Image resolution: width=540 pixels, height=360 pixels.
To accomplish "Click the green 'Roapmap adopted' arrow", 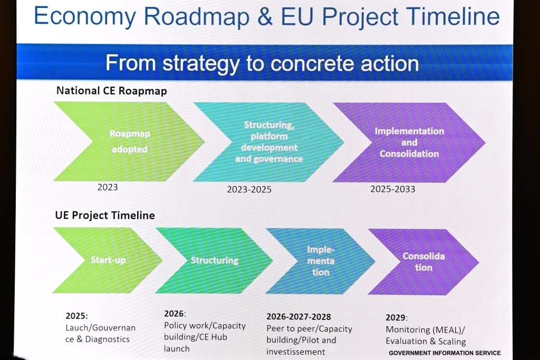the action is [130, 141].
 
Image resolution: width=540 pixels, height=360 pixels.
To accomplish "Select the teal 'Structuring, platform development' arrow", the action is [268, 142].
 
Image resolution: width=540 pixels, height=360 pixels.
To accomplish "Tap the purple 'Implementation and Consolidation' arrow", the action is [409, 142].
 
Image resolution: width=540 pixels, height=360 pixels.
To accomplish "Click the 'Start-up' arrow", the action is [108, 260].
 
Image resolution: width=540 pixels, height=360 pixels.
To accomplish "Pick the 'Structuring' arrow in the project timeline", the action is [214, 260].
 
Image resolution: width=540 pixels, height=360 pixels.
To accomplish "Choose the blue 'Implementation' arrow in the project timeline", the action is [321, 261].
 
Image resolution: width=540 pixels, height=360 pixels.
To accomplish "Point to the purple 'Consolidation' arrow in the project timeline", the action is [423, 261].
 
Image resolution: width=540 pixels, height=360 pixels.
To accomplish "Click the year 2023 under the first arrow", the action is [108, 187].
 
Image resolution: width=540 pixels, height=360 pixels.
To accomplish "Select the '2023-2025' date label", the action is [249, 190].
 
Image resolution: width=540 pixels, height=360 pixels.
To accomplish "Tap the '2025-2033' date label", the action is [392, 189].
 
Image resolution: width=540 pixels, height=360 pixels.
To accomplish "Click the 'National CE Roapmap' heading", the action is [112, 91].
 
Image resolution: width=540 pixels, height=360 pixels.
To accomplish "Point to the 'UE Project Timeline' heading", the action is [105, 216].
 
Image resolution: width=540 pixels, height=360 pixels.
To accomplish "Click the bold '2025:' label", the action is [77, 316].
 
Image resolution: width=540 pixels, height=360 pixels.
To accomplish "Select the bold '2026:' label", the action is [175, 314].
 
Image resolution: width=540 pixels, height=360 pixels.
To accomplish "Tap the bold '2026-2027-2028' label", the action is [298, 317].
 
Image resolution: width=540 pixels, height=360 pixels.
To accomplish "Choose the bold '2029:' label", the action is [397, 317].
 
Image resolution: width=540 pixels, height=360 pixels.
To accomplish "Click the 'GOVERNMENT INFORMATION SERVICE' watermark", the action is [445, 353].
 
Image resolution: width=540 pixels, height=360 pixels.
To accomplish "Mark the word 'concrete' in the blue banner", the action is [313, 63].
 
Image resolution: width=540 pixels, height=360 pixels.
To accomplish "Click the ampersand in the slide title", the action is [265, 16].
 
